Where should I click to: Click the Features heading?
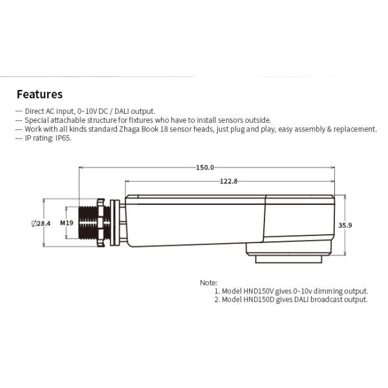(39, 94)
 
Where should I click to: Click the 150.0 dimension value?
(205, 167)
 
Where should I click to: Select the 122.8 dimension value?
(228, 182)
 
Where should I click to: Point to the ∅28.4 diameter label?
(40, 223)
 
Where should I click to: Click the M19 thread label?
(67, 223)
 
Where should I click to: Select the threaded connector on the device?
(87, 223)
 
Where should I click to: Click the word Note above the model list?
(208, 283)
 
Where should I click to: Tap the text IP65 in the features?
(63, 138)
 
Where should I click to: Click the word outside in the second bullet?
(258, 120)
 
